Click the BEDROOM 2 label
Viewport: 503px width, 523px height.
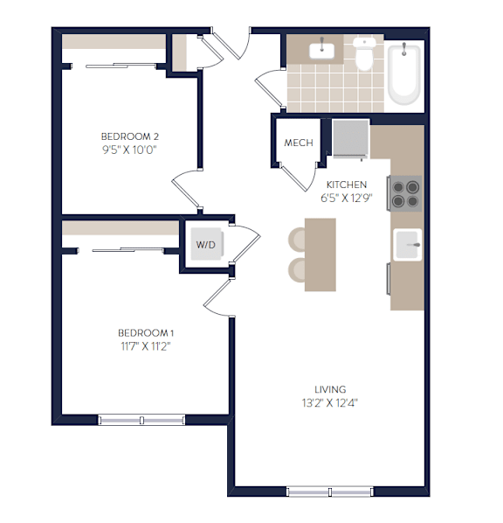point(130,136)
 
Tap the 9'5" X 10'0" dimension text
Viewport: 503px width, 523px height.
point(129,150)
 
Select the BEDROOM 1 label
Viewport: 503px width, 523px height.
point(146,333)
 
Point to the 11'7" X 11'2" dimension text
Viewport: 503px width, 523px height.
point(146,346)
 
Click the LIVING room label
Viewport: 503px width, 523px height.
point(330,389)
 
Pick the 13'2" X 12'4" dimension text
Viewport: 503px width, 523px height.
point(330,403)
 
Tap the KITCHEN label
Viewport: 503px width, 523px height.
point(347,185)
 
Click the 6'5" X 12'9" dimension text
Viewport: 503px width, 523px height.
point(347,198)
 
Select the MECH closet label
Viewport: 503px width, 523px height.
point(299,143)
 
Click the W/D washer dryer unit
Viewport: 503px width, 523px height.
point(207,244)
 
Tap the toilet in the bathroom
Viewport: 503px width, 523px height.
point(364,53)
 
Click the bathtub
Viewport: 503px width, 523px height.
point(404,73)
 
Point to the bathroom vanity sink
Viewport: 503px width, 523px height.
point(321,51)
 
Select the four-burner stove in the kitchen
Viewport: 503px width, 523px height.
point(404,193)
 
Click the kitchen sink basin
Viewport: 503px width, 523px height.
point(408,245)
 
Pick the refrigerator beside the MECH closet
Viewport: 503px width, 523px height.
point(351,138)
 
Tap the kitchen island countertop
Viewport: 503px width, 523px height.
point(320,255)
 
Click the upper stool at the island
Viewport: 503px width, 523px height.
point(297,240)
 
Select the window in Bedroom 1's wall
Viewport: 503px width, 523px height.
point(141,420)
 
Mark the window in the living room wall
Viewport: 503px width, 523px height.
point(330,492)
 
